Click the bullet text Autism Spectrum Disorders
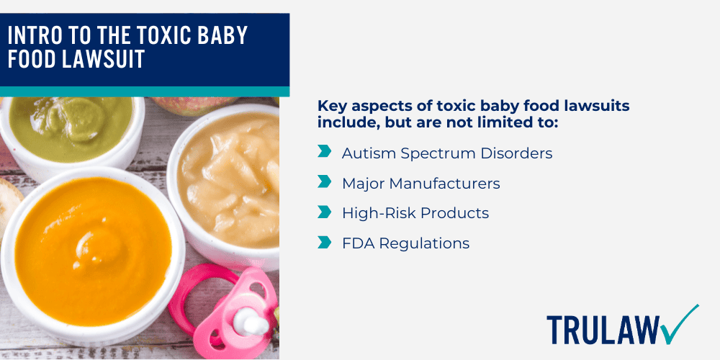click(x=447, y=153)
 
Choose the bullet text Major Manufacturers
click(x=420, y=183)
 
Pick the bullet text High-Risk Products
click(x=415, y=213)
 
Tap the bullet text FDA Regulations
click(x=405, y=243)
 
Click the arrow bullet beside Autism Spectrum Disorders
click(x=325, y=152)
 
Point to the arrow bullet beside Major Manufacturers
click(x=325, y=182)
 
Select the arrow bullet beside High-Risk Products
click(x=325, y=212)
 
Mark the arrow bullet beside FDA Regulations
click(x=325, y=243)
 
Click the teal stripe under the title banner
click(x=144, y=91)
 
